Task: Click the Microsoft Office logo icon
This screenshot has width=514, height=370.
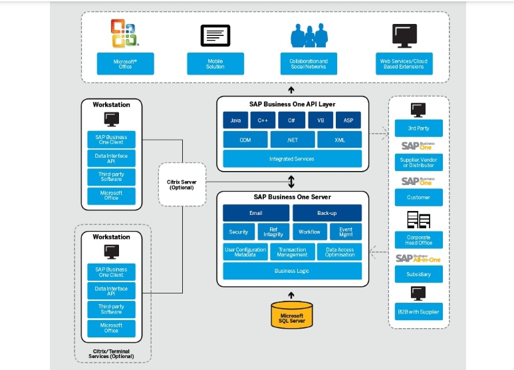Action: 124,33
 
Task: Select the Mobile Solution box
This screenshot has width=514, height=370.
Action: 215,64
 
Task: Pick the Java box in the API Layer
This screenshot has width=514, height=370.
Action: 235,120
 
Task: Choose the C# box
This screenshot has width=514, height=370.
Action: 292,120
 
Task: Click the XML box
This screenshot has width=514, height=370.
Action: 340,140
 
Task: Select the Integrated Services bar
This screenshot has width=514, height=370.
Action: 292,159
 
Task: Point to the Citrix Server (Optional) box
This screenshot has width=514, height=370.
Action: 180,184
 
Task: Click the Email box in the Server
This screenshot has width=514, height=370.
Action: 256,213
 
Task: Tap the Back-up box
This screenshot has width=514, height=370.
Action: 327,213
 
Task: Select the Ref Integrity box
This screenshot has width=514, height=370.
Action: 273,232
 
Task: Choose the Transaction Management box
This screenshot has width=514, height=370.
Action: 292,252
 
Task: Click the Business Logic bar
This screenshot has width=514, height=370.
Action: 292,271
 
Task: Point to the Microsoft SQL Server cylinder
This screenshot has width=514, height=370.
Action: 291,315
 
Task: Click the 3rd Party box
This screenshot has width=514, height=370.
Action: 418,128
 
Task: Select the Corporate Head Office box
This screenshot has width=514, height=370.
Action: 418,240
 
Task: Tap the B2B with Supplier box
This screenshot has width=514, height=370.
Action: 418,311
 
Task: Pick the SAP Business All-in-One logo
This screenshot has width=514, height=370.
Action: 418,258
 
